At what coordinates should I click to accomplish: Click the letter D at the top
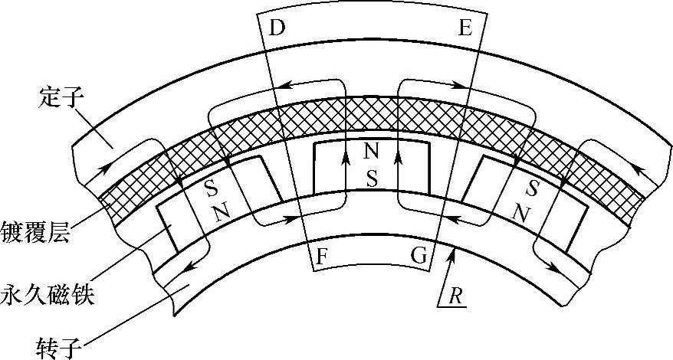click(277, 28)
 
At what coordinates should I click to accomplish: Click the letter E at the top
click(465, 28)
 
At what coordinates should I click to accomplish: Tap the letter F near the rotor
click(323, 257)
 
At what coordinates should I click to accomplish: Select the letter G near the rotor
click(419, 257)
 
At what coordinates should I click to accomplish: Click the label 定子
click(55, 97)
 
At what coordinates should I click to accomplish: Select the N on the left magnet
click(222, 213)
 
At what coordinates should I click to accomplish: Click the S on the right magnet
click(533, 188)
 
